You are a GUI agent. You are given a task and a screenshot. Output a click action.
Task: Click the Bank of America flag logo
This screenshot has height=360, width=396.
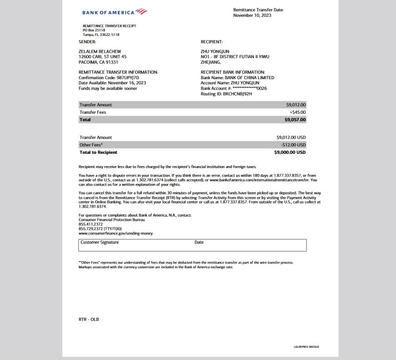141,11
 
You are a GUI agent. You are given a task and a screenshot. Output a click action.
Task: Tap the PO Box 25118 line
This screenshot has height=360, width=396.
95,30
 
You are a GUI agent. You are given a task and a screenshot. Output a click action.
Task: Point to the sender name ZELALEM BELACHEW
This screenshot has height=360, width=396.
100,51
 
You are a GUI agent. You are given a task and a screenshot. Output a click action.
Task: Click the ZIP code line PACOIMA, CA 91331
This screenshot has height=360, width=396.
98,62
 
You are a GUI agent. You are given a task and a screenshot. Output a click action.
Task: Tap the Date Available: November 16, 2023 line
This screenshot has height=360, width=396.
112,83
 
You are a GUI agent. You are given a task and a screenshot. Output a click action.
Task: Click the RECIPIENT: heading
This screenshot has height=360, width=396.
212,42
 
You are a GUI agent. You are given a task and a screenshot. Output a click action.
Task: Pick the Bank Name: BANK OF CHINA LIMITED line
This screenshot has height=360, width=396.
238,78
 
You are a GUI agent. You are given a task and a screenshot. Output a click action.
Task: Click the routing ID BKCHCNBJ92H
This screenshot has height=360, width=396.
237,94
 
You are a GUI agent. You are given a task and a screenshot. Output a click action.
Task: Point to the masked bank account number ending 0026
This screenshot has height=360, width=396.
249,88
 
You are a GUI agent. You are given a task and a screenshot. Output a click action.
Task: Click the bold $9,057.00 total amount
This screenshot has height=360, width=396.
295,120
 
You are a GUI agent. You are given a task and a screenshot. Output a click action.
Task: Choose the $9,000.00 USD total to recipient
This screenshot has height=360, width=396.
290,152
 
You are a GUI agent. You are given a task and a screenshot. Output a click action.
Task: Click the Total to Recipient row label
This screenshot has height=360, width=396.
98,152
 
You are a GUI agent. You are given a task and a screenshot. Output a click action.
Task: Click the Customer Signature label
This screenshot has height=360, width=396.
99,243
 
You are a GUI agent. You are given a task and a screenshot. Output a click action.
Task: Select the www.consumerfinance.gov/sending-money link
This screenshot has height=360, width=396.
116,233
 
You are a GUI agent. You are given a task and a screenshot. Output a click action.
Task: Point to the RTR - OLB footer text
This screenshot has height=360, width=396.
89,319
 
